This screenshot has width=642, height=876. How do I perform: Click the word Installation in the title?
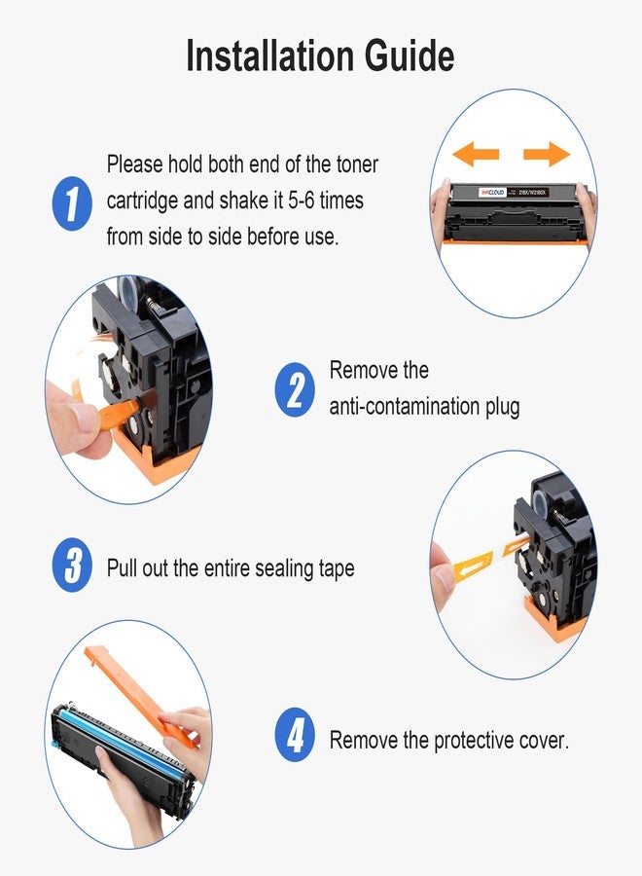(270, 55)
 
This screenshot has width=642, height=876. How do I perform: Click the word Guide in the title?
(410, 55)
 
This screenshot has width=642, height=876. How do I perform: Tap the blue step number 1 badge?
(72, 202)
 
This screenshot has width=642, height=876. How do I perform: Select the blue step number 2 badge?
(295, 389)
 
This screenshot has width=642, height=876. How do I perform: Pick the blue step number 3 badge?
(72, 565)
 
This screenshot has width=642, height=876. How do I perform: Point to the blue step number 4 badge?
(295, 735)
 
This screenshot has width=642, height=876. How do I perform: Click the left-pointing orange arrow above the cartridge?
(476, 153)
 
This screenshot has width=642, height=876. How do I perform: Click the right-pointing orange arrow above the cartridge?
(547, 153)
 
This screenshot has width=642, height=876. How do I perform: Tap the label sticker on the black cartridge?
(515, 192)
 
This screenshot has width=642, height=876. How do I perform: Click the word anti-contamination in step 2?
(405, 406)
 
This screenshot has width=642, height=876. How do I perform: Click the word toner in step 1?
(357, 164)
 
